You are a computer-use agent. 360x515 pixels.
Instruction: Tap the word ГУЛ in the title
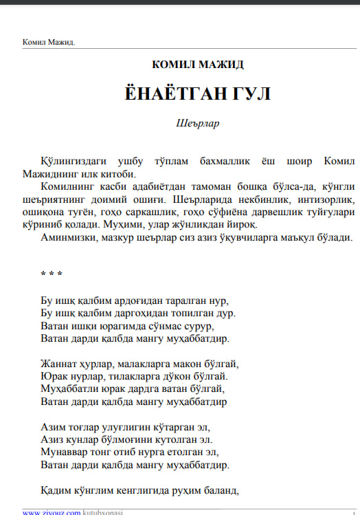pos(246,94)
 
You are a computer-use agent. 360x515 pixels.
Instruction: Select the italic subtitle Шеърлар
pos(198,124)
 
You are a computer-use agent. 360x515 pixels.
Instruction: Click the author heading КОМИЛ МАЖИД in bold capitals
pos(198,65)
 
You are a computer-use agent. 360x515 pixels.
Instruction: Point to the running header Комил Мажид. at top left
pos(49,43)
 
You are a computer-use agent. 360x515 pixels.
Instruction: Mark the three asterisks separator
pos(52,274)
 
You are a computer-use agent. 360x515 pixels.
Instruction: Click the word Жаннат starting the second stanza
pos(58,364)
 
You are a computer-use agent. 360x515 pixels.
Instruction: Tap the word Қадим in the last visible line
pos(55,490)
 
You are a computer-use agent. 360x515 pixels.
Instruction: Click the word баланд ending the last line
pos(219,490)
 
